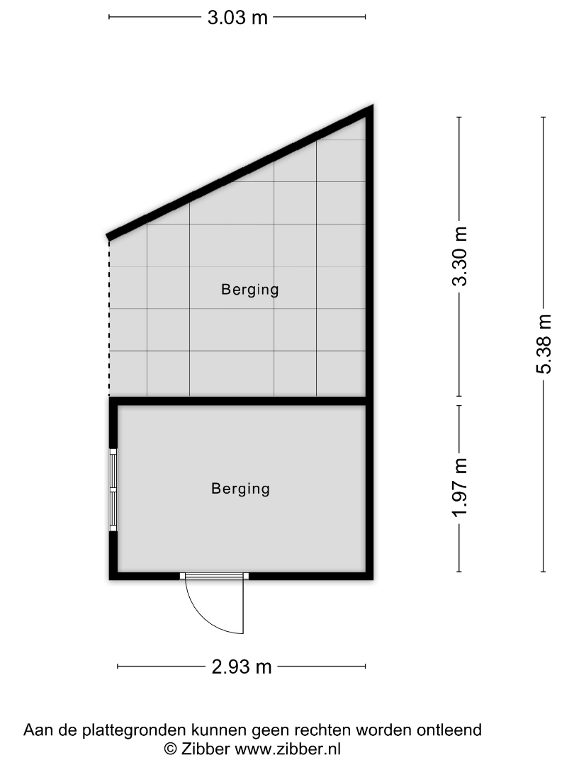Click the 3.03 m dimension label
pyautogui.click(x=237, y=18)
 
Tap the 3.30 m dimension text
pyautogui.click(x=460, y=256)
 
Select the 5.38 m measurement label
pyautogui.click(x=544, y=344)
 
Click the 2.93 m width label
pyautogui.click(x=242, y=667)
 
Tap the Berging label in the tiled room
pyautogui.click(x=250, y=290)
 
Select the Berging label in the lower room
pyautogui.click(x=241, y=489)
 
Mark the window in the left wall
pyautogui.click(x=113, y=489)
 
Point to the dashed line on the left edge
pyautogui.click(x=109, y=318)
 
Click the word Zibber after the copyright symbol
pyautogui.click(x=206, y=749)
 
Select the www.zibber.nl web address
pyautogui.click(x=288, y=749)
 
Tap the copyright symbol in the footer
pyautogui.click(x=170, y=749)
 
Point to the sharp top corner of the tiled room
pyautogui.click(x=372, y=106)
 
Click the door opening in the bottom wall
pyautogui.click(x=214, y=576)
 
